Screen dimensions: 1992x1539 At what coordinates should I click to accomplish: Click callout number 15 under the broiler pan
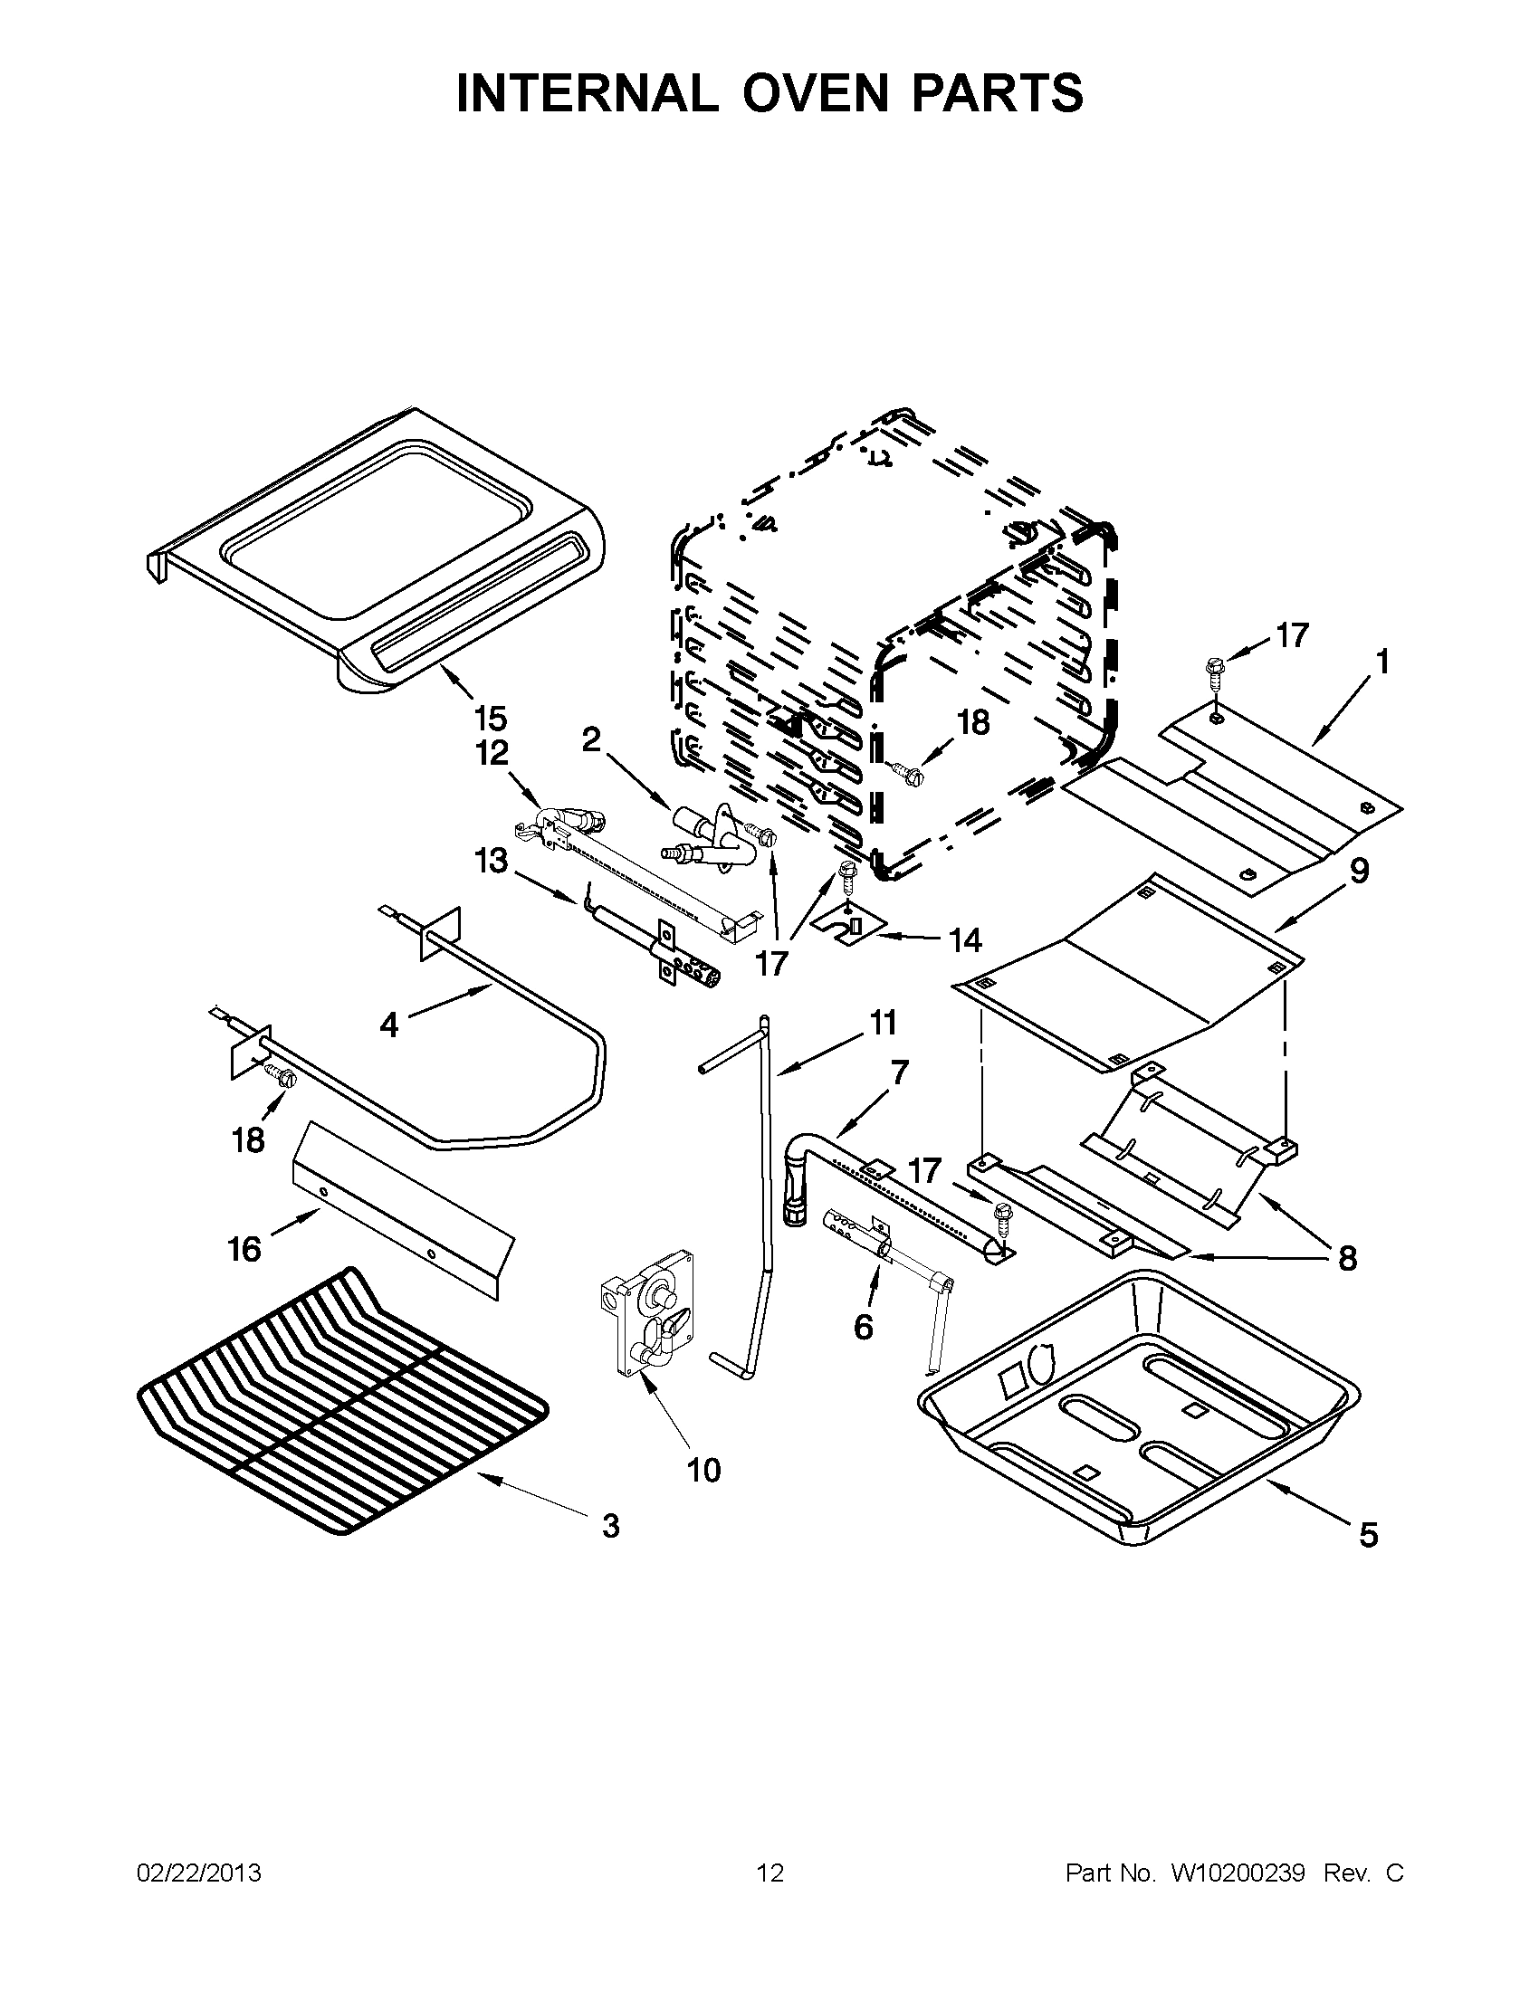490,719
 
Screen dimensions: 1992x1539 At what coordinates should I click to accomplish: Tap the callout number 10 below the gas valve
703,1470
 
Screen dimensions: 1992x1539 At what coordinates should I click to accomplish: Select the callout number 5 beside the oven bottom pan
1369,1536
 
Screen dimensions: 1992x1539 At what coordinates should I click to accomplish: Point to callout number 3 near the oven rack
610,1525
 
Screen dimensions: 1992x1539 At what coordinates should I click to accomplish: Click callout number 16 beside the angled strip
244,1249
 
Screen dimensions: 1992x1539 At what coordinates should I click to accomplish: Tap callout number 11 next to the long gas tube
882,1024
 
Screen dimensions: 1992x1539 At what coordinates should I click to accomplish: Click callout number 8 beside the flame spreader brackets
1346,1259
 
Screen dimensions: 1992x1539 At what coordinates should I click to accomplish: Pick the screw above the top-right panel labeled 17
1214,670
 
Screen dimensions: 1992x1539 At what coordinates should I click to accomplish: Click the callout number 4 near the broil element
389,1025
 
